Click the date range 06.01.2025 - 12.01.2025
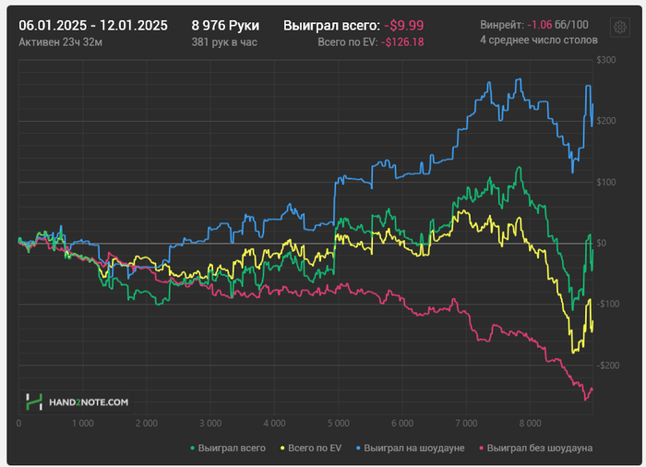click(x=93, y=25)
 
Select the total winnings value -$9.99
click(x=404, y=26)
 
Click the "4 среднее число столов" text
click(x=539, y=41)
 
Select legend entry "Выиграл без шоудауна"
click(x=536, y=448)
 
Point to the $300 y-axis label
click(x=605, y=60)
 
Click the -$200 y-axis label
click(x=605, y=365)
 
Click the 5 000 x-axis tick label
click(x=337, y=424)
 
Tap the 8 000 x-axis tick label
click(x=529, y=424)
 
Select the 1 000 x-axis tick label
click(x=81, y=424)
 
